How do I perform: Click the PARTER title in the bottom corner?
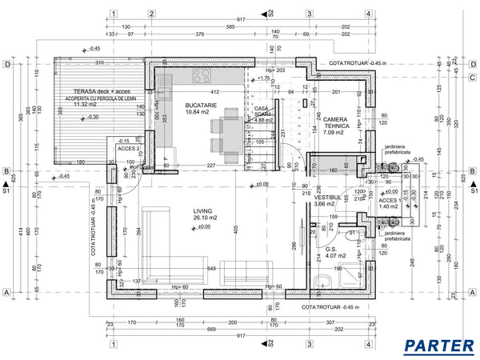[438, 346]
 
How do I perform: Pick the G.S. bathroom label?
[331, 248]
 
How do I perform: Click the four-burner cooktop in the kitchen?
[201, 76]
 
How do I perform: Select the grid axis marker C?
[474, 77]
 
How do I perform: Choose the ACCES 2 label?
[128, 149]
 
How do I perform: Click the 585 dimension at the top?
[230, 27]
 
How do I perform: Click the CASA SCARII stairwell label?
[263, 112]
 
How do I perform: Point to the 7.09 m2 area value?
[334, 133]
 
